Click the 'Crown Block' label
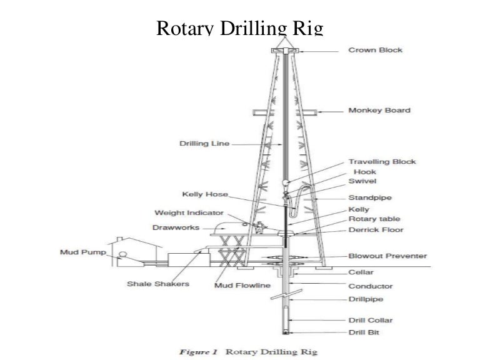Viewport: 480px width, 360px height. coord(376,49)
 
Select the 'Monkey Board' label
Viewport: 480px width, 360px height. coord(379,111)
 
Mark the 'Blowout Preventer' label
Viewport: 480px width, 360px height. coord(387,256)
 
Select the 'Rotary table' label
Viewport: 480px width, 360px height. coord(374,219)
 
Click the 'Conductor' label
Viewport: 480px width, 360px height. coord(371,286)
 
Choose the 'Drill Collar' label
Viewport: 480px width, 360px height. coord(371,320)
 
